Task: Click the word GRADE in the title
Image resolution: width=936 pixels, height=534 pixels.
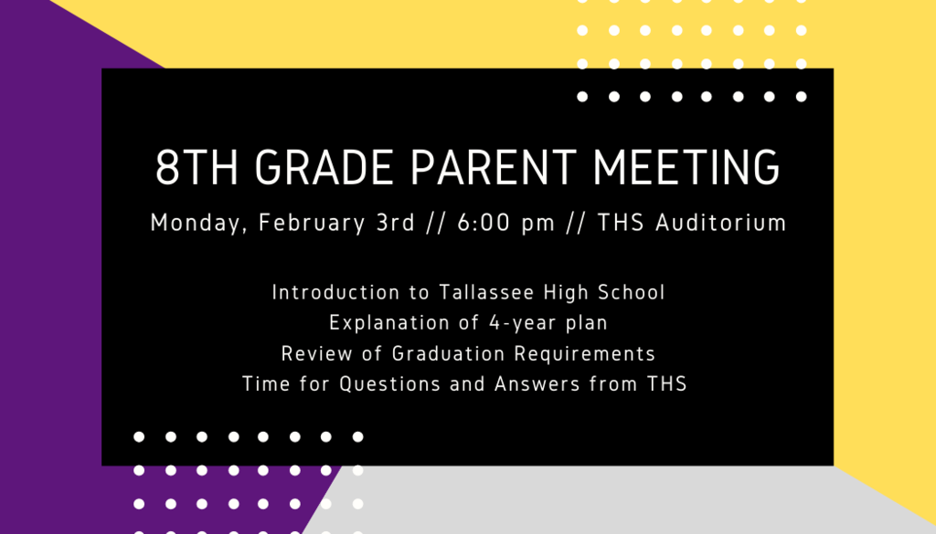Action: (324, 167)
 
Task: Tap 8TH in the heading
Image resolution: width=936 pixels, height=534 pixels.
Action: (197, 167)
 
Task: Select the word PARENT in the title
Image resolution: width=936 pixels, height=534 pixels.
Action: (494, 167)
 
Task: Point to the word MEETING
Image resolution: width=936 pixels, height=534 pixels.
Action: (686, 167)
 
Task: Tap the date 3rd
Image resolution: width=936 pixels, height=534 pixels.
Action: (395, 223)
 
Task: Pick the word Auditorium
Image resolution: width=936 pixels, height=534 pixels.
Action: (721, 223)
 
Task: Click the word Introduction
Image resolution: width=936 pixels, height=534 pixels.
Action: (335, 293)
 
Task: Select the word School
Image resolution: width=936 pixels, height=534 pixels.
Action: (631, 293)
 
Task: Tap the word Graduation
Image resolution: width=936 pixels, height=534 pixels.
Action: (448, 354)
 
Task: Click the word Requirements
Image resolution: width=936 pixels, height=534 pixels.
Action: (584, 354)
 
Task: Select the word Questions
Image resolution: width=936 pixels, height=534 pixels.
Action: (389, 384)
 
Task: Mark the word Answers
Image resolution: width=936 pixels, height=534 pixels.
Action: (537, 384)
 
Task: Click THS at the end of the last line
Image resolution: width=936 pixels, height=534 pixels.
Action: (666, 383)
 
